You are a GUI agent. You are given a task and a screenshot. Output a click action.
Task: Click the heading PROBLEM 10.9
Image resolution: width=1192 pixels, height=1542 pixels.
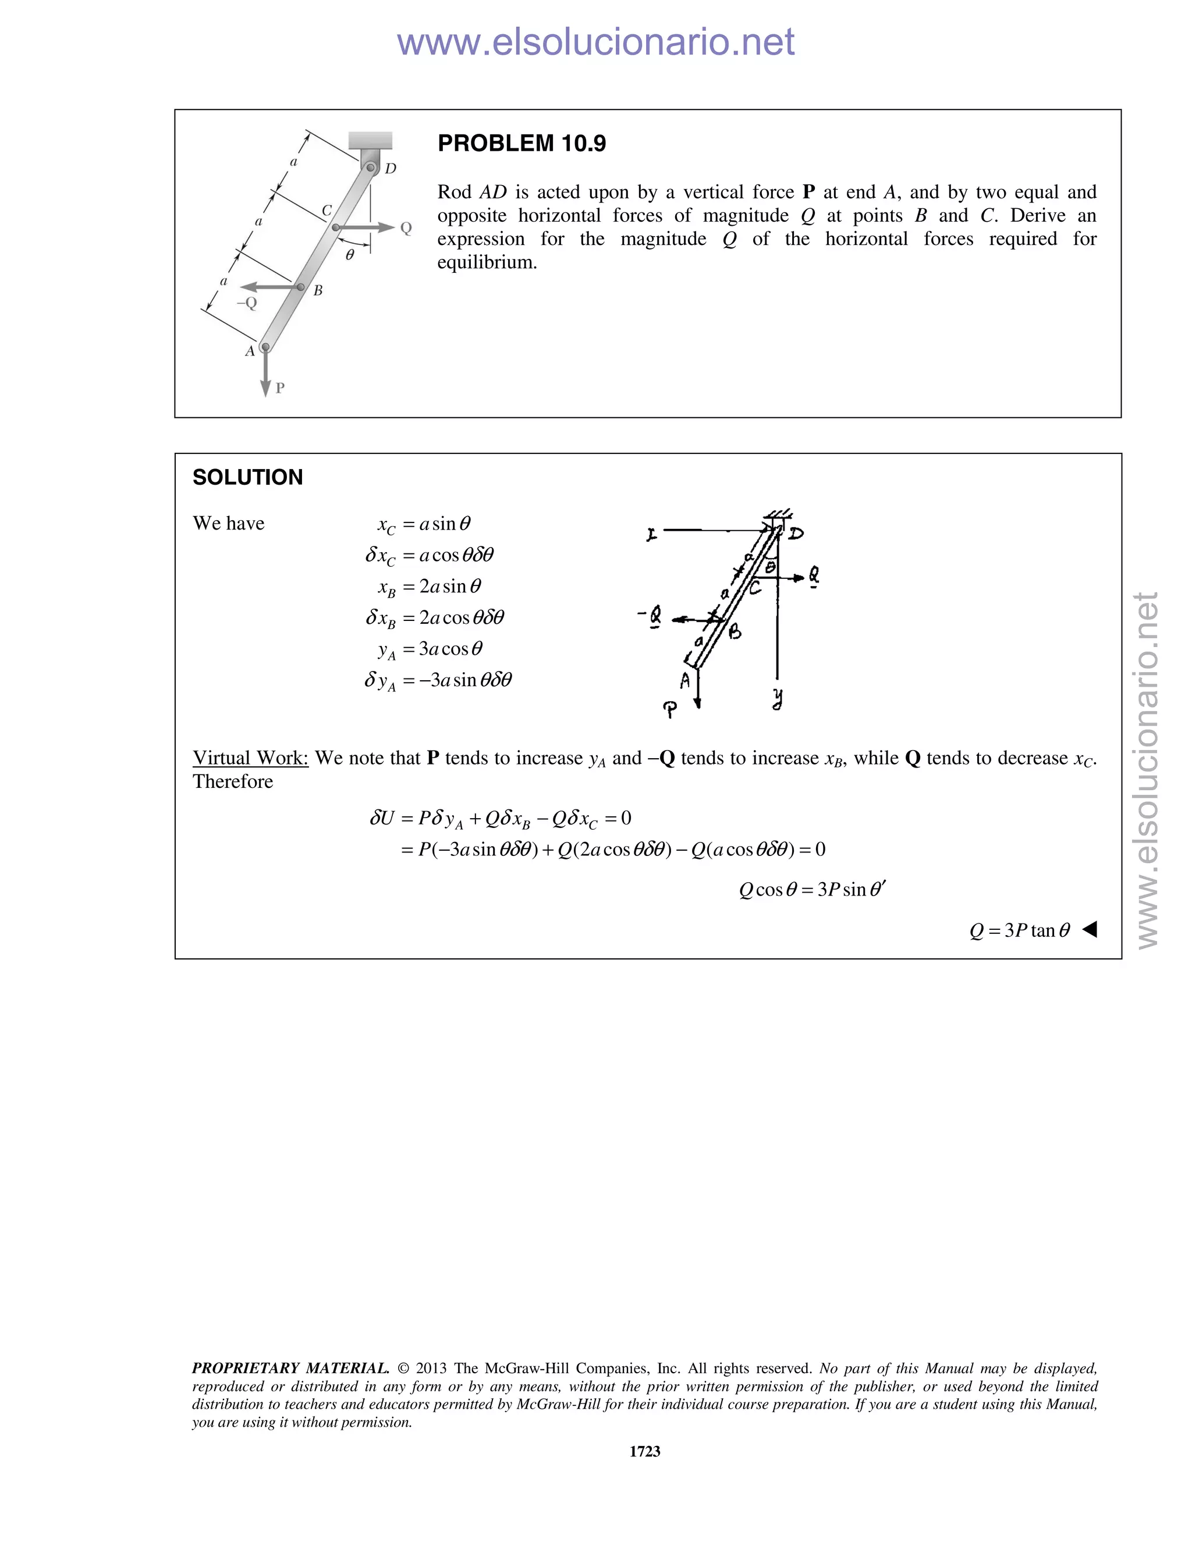(x=521, y=143)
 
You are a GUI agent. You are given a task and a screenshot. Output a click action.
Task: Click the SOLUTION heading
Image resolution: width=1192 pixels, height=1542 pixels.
(x=247, y=477)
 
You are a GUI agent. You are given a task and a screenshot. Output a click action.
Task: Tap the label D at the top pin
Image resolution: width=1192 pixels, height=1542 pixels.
(x=391, y=168)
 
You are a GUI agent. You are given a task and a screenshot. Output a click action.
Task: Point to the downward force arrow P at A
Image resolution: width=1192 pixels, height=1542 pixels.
(x=265, y=374)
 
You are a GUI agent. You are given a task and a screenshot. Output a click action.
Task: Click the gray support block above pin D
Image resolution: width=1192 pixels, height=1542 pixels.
(x=371, y=140)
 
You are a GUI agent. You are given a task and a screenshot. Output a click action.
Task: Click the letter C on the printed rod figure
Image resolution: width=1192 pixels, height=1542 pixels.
(x=327, y=211)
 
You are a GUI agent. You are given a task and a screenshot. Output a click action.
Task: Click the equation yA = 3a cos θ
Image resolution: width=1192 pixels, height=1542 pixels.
(x=430, y=649)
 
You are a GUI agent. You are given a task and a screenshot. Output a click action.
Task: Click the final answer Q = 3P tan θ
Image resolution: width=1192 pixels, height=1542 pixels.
(x=1020, y=930)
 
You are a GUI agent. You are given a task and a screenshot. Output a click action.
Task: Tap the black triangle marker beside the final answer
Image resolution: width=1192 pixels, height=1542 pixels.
(x=1090, y=929)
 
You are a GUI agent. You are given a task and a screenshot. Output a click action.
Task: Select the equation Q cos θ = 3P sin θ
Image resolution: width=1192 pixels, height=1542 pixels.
(x=811, y=890)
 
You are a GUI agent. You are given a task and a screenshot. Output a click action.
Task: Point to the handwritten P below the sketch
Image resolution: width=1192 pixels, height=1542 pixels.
(x=670, y=708)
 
